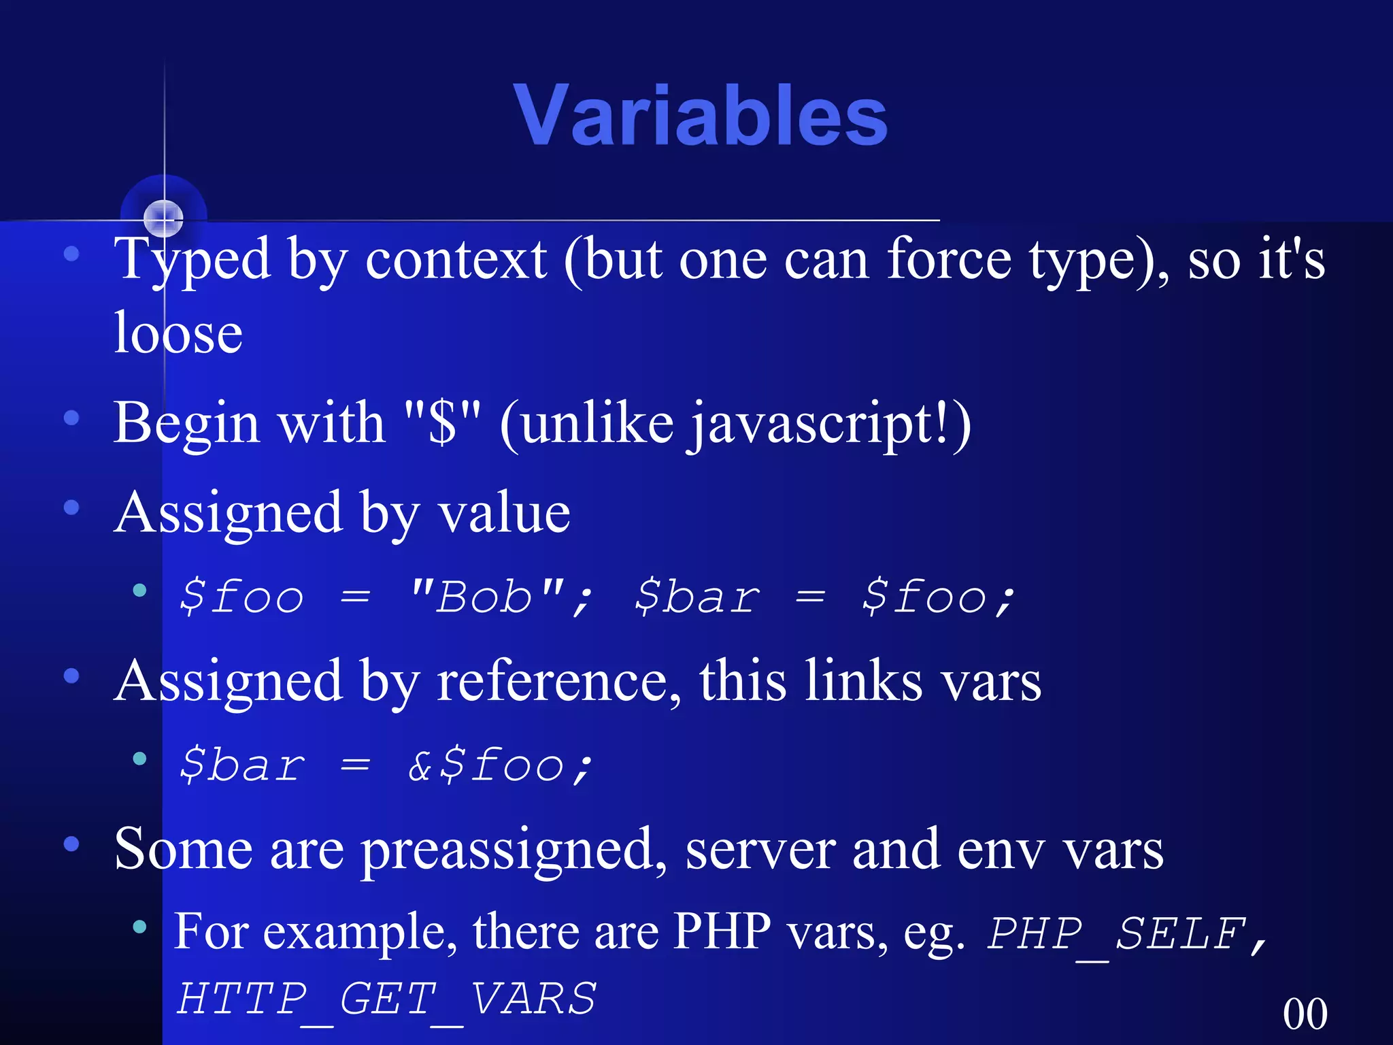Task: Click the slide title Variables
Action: click(x=700, y=116)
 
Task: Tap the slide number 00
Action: click(x=1305, y=1014)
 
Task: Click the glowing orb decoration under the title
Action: click(x=164, y=217)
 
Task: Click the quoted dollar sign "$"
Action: click(x=442, y=423)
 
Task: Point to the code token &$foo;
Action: click(x=500, y=765)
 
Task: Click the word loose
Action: click(x=178, y=333)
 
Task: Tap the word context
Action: click(x=456, y=261)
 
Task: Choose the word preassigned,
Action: click(x=514, y=850)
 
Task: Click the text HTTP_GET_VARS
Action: click(x=386, y=999)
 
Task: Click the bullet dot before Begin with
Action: click(x=71, y=418)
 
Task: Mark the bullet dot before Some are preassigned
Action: click(x=71, y=844)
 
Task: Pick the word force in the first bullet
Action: click(x=950, y=261)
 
